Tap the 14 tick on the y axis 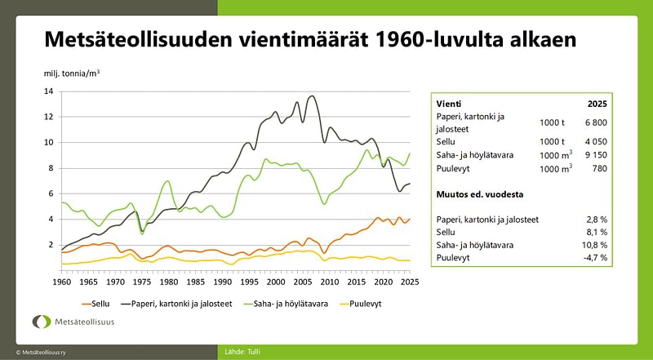(x=48, y=91)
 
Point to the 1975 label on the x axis (x=140, y=282)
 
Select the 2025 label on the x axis (x=409, y=282)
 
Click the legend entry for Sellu (x=99, y=304)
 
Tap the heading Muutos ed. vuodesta (x=478, y=196)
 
